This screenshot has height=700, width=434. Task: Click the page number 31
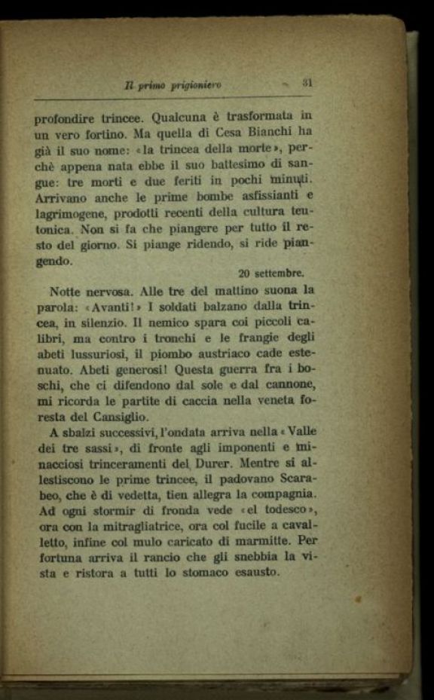pyautogui.click(x=307, y=83)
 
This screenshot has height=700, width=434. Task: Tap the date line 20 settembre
pyautogui.click(x=270, y=274)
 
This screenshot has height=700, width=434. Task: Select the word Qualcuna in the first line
pyautogui.click(x=184, y=118)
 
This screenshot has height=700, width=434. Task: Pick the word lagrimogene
pyautogui.click(x=68, y=213)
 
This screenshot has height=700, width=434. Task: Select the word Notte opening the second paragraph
pyautogui.click(x=68, y=291)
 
